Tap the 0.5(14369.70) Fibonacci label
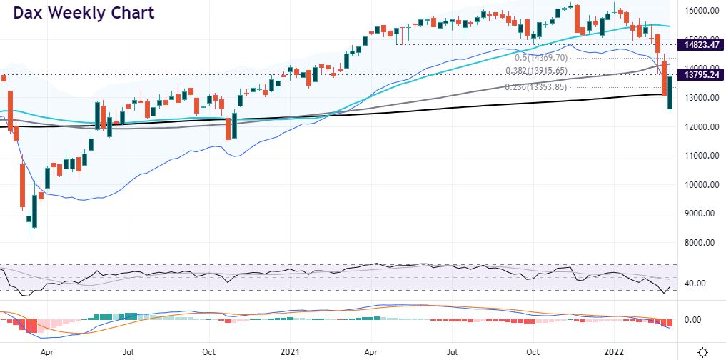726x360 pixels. [541, 58]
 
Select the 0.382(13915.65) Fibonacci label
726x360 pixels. [536, 71]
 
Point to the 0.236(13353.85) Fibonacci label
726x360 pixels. [536, 87]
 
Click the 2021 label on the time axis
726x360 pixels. [291, 351]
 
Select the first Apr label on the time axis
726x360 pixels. [47, 351]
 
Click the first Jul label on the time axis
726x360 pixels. [128, 351]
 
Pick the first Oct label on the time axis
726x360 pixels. [209, 351]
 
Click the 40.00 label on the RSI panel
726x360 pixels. [695, 284]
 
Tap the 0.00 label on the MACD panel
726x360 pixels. [695, 319]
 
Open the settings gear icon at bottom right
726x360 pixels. [703, 351]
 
